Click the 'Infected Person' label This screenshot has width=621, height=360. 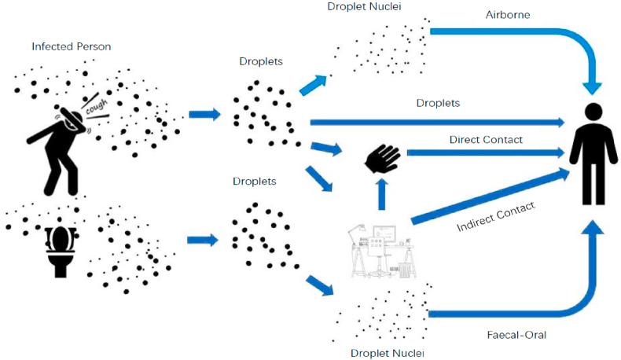(x=72, y=46)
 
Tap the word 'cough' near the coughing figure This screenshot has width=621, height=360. (x=97, y=106)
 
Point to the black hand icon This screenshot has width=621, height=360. (x=382, y=158)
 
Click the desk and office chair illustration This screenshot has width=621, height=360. (x=382, y=251)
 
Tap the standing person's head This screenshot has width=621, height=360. (x=593, y=112)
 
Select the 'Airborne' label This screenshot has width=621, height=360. (x=508, y=15)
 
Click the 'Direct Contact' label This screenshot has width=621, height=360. (x=486, y=140)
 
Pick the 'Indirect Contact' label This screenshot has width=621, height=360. (x=496, y=217)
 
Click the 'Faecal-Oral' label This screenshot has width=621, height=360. (x=516, y=335)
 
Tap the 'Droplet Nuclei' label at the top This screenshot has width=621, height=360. (x=365, y=7)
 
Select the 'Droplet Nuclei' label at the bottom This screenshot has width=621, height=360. (x=388, y=353)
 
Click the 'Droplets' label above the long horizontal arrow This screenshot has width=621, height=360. (x=438, y=103)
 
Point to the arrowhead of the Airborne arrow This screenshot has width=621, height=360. (x=592, y=88)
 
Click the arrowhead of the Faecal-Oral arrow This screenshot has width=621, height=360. (x=593, y=227)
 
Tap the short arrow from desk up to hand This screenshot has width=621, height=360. (x=382, y=194)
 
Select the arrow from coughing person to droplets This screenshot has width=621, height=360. (x=204, y=115)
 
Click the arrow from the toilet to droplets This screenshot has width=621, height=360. (x=202, y=240)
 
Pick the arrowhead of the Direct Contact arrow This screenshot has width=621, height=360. (x=560, y=152)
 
